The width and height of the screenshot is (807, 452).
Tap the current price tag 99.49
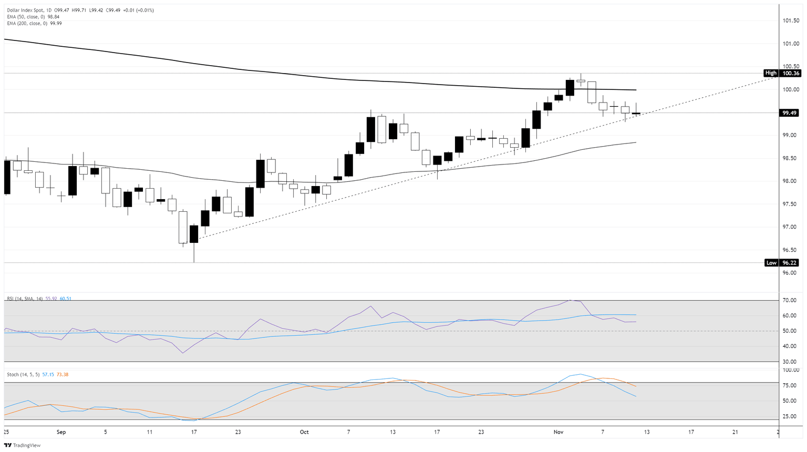tap(790, 113)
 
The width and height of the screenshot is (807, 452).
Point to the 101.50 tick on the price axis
tap(790, 20)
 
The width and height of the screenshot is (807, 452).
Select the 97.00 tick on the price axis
tap(790, 227)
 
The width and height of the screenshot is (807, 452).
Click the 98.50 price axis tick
tap(790, 158)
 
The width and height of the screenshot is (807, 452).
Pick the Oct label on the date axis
tap(304, 432)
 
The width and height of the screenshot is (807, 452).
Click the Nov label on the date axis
tap(558, 432)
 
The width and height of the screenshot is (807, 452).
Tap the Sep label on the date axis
tap(61, 432)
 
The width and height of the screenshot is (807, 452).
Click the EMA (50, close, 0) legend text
tap(26, 17)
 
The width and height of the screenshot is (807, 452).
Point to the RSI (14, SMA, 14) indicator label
tap(24, 299)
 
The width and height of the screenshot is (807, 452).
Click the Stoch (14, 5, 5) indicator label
tap(23, 375)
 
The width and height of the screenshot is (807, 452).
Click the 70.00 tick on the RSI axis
tap(790, 301)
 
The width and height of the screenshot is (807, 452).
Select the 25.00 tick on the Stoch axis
tap(790, 416)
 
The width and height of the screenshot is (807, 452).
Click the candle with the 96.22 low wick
tap(194, 234)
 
